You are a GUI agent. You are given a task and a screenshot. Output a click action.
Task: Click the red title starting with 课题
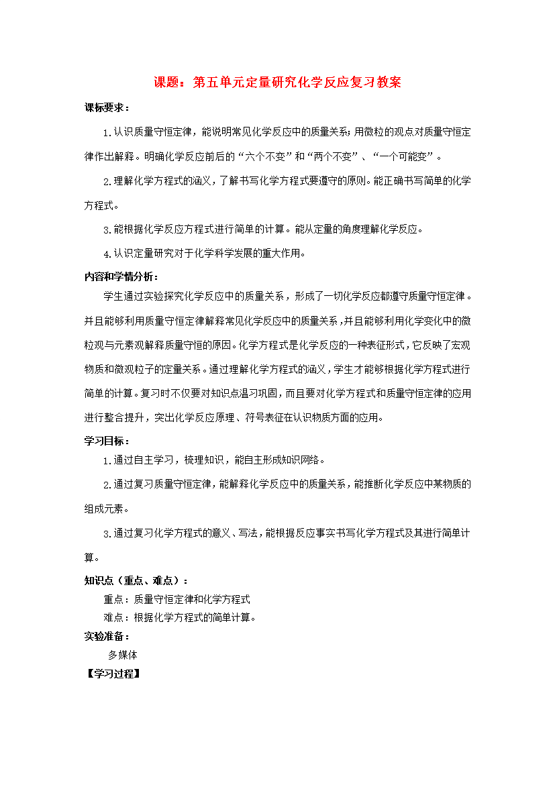pos(277,83)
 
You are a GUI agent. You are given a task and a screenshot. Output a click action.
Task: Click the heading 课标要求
pos(107,108)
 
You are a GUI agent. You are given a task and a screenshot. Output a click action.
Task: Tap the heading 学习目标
pos(107,441)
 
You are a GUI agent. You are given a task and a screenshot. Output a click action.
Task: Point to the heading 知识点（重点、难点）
pos(136,580)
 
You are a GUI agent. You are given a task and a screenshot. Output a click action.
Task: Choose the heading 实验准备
pos(107,636)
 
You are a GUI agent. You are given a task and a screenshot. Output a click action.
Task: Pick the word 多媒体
pos(123,654)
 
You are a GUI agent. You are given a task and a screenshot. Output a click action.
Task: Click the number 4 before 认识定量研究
pos(107,254)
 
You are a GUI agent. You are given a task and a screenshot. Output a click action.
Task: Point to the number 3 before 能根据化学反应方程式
pos(107,230)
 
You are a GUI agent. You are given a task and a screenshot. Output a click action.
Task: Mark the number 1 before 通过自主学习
pos(107,461)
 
